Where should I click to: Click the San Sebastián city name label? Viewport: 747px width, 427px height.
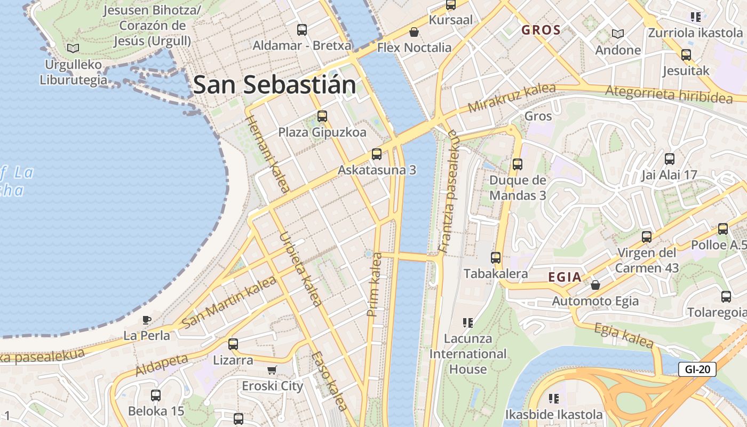pyautogui.click(x=274, y=85)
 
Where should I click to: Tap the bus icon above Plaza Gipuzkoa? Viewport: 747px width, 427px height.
pyautogui.click(x=322, y=116)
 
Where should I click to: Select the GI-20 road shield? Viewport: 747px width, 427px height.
pyautogui.click(x=697, y=369)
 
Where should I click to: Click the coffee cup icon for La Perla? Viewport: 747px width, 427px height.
pyautogui.click(x=147, y=320)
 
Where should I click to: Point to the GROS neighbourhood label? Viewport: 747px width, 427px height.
pyautogui.click(x=541, y=30)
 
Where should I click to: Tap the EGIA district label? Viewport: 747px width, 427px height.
pyautogui.click(x=565, y=277)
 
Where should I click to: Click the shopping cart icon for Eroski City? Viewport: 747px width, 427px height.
pyautogui.click(x=272, y=370)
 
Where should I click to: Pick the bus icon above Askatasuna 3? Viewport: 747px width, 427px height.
pyautogui.click(x=377, y=154)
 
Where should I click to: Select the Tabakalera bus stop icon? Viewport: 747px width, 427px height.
pyautogui.click(x=496, y=258)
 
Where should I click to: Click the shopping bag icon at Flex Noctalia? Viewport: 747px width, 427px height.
pyautogui.click(x=414, y=32)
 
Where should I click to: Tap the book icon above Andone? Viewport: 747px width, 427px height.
pyautogui.click(x=618, y=34)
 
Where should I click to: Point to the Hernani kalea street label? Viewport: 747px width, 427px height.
pyautogui.click(x=267, y=153)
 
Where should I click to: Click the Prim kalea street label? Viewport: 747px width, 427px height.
pyautogui.click(x=375, y=284)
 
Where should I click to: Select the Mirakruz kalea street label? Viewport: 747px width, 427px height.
pyautogui.click(x=511, y=98)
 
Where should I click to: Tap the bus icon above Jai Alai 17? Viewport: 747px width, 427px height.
pyautogui.click(x=669, y=159)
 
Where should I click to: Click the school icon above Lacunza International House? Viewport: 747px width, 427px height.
pyautogui.click(x=468, y=322)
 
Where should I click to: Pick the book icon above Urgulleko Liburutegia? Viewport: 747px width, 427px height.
pyautogui.click(x=73, y=48)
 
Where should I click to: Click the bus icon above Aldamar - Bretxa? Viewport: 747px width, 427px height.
pyautogui.click(x=302, y=30)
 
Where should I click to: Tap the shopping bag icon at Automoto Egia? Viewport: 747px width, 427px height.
pyautogui.click(x=595, y=285)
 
